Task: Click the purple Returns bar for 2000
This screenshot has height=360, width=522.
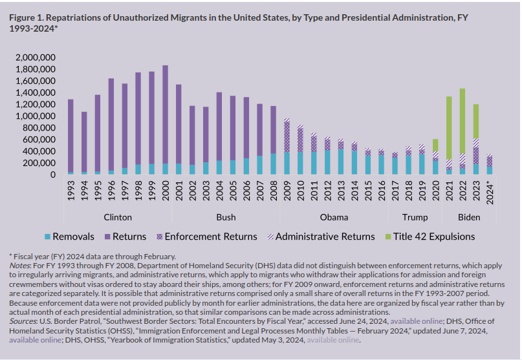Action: (165, 114)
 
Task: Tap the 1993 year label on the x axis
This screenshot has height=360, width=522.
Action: (71, 191)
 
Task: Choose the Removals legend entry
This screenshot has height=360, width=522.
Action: (72, 237)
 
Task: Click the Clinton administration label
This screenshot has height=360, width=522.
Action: (118, 217)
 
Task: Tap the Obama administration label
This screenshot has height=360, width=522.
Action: (334, 217)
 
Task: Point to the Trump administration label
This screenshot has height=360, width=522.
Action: (415, 217)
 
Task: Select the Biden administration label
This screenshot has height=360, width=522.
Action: (469, 217)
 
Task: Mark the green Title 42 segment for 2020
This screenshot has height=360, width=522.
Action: (435, 145)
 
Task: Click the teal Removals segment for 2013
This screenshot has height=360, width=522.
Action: (340, 162)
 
